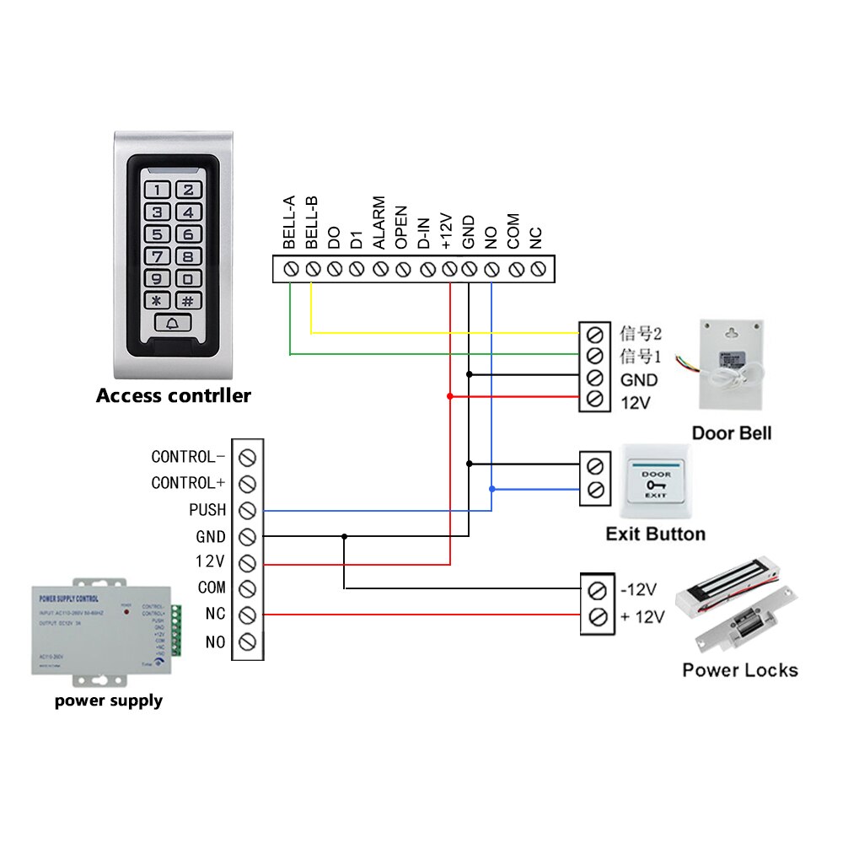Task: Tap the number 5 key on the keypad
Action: [x=159, y=234]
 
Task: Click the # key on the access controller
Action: [x=188, y=300]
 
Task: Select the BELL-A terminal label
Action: [x=289, y=223]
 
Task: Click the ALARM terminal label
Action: [x=379, y=223]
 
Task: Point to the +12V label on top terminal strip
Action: [x=448, y=230]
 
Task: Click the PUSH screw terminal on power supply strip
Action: [x=247, y=510]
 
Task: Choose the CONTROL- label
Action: [x=188, y=457]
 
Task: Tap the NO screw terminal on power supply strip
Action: [x=247, y=642]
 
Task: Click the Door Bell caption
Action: [x=731, y=433]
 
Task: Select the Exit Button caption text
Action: [x=655, y=534]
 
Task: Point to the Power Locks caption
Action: [x=739, y=670]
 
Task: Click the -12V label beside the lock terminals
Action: [x=638, y=588]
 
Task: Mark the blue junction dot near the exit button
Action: [x=491, y=488]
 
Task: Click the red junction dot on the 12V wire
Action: [x=450, y=396]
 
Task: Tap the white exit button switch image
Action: [x=656, y=482]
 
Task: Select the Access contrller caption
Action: [x=173, y=395]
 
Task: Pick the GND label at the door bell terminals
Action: [x=638, y=380]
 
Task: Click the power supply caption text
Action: [x=109, y=701]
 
